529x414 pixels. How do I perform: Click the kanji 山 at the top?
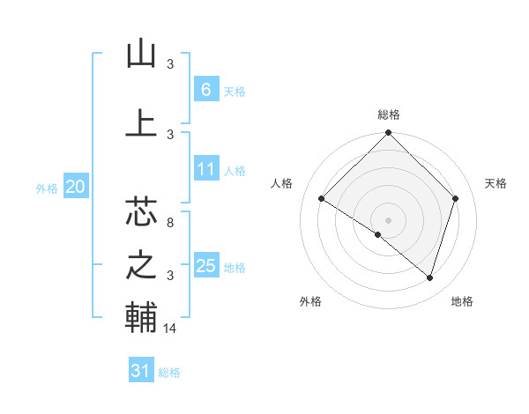[x=141, y=55]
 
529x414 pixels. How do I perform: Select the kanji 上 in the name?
[x=141, y=122]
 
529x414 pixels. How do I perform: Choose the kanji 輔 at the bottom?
[x=141, y=318]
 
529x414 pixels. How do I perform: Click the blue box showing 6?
[x=205, y=89]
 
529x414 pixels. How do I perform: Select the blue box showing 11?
[x=205, y=170]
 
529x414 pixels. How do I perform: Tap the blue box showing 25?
[x=205, y=266]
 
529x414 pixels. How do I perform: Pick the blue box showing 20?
[x=75, y=186]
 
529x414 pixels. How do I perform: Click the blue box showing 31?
[x=141, y=371]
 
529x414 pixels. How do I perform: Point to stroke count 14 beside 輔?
[x=170, y=329]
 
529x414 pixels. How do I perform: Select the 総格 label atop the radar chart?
[x=388, y=115]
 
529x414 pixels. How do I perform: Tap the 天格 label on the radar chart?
[x=495, y=183]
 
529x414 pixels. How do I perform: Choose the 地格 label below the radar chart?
[x=462, y=301]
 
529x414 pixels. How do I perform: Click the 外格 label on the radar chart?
[x=310, y=301]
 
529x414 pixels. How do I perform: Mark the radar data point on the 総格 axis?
[x=388, y=133]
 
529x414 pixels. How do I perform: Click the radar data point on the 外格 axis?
[x=378, y=234]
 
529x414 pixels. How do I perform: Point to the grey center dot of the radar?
[x=388, y=219]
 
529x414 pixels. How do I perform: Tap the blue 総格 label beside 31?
[x=169, y=373]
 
